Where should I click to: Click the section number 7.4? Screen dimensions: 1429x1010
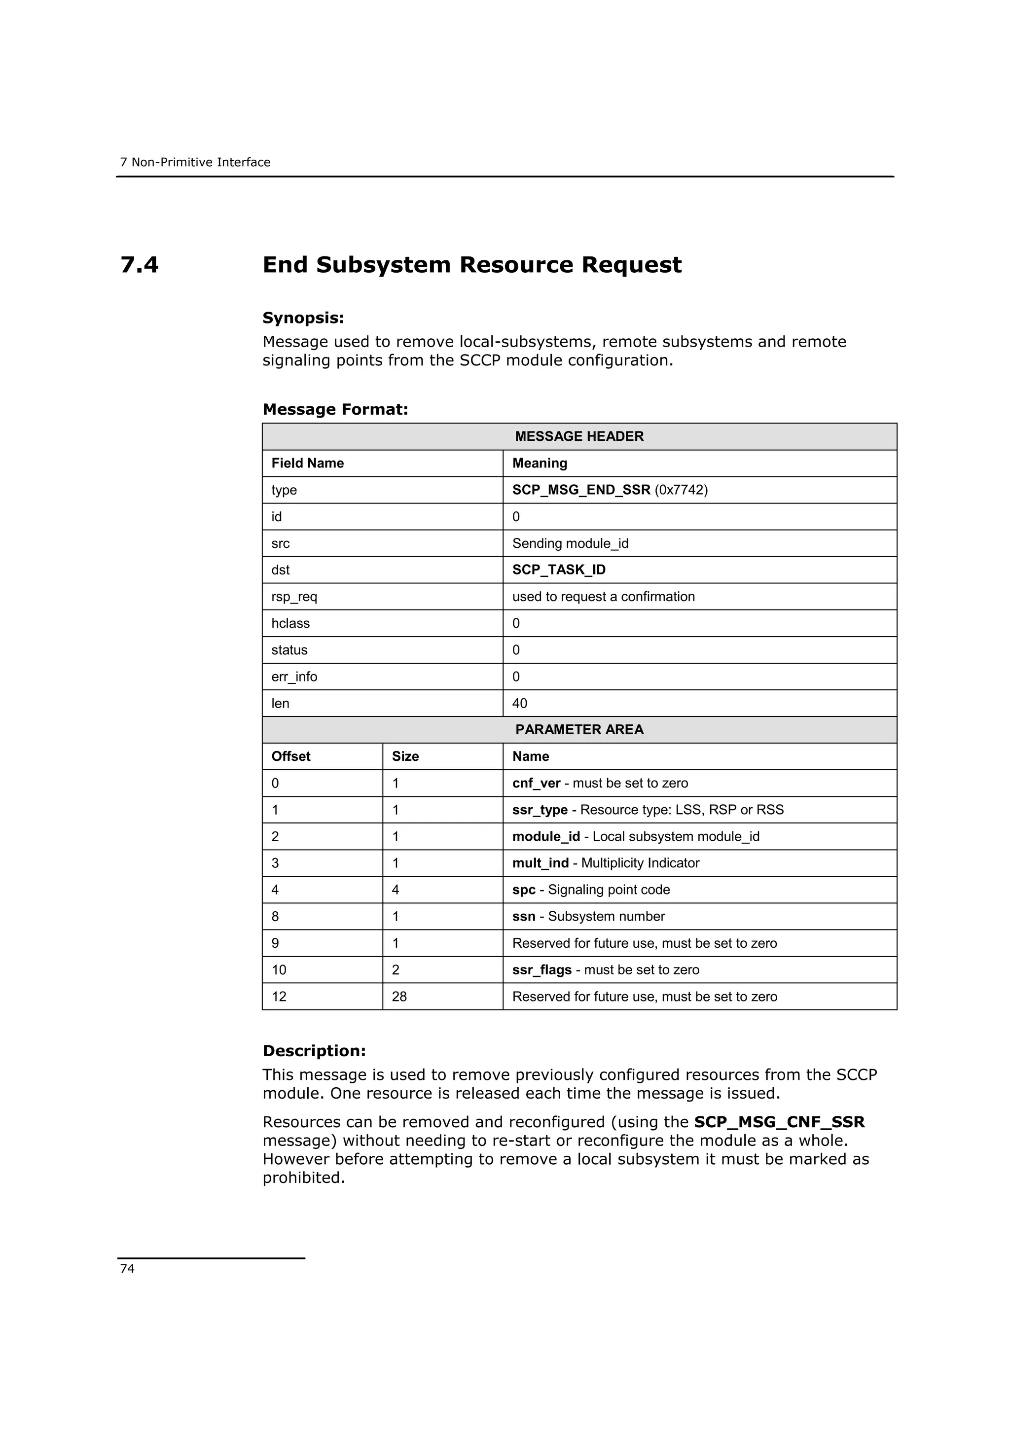click(140, 265)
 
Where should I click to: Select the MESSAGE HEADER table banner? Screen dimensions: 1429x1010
click(579, 436)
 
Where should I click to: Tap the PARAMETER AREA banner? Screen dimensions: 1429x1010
click(579, 729)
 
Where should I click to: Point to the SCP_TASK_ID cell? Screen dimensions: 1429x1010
click(558, 570)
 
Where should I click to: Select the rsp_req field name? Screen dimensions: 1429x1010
click(294, 596)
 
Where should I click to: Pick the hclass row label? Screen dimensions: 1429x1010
click(290, 623)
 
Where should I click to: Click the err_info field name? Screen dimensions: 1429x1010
click(294, 677)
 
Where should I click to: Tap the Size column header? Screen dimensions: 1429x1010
click(405, 756)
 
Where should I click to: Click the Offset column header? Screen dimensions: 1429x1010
click(290, 756)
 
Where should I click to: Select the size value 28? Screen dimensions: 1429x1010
click(399, 997)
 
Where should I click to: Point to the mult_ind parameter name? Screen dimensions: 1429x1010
click(540, 862)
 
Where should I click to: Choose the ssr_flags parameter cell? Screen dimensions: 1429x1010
click(541, 969)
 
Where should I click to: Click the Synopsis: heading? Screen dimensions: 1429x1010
click(303, 318)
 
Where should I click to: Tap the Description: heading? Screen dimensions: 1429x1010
click(314, 1051)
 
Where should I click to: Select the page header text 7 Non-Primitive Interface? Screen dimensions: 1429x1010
click(195, 162)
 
